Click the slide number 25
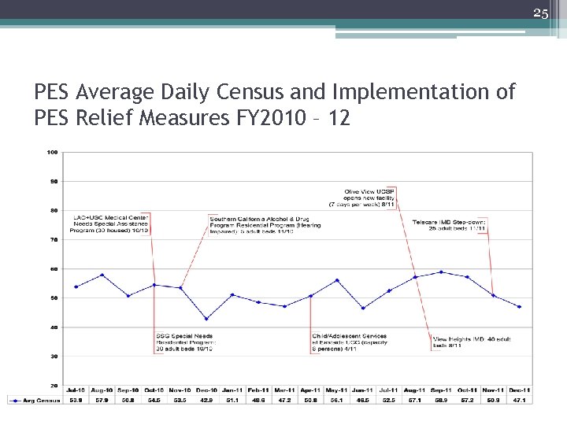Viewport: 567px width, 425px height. pyautogui.click(x=540, y=13)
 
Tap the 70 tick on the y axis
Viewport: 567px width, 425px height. pyautogui.click(x=53, y=239)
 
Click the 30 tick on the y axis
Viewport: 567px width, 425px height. pyautogui.click(x=53, y=356)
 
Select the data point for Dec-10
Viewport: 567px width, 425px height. pyautogui.click(x=206, y=319)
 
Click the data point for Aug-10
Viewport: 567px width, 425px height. pyautogui.click(x=102, y=275)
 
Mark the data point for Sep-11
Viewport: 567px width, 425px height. pyautogui.click(x=441, y=272)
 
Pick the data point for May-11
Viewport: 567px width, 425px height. pyautogui.click(x=337, y=280)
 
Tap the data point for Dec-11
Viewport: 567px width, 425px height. pyautogui.click(x=519, y=307)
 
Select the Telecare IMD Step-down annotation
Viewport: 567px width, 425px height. pyautogui.click(x=450, y=225)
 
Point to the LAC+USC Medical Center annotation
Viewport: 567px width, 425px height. pyautogui.click(x=111, y=224)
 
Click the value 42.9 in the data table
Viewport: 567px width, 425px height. pyautogui.click(x=206, y=400)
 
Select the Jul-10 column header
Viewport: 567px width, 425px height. pyautogui.click(x=76, y=390)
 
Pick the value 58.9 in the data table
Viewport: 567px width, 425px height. pyautogui.click(x=441, y=400)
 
